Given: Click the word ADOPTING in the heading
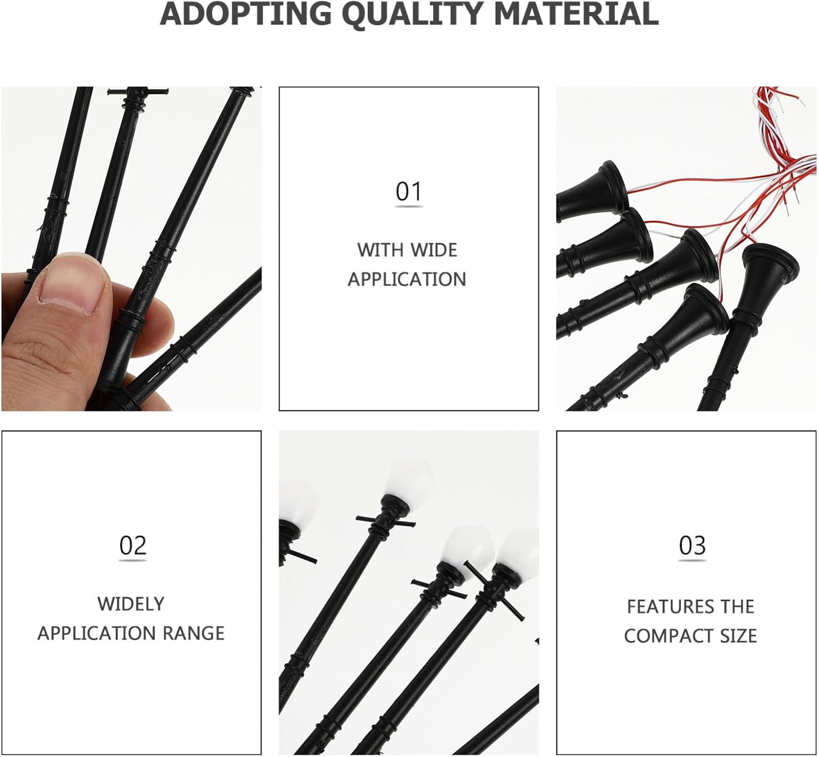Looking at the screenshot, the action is pos(245,14).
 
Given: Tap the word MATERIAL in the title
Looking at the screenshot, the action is pos(575,14).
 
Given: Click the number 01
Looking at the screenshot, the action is pos(408,192).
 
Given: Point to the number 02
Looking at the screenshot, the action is pos(132,546).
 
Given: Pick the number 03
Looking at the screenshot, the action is pos(692,546).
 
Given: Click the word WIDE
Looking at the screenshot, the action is pos(434,251).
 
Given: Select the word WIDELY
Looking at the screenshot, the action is pos(131,604).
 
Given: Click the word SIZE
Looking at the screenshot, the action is pos(738,636).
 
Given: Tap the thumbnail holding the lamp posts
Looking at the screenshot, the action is pos(131,249).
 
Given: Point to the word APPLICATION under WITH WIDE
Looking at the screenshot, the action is pos(407,279).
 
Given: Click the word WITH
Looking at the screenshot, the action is pos(381,251).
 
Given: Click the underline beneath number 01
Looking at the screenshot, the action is pos(408,206).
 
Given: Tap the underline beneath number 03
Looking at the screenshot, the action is pos(692,561).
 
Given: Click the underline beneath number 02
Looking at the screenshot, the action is pos(132,561).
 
